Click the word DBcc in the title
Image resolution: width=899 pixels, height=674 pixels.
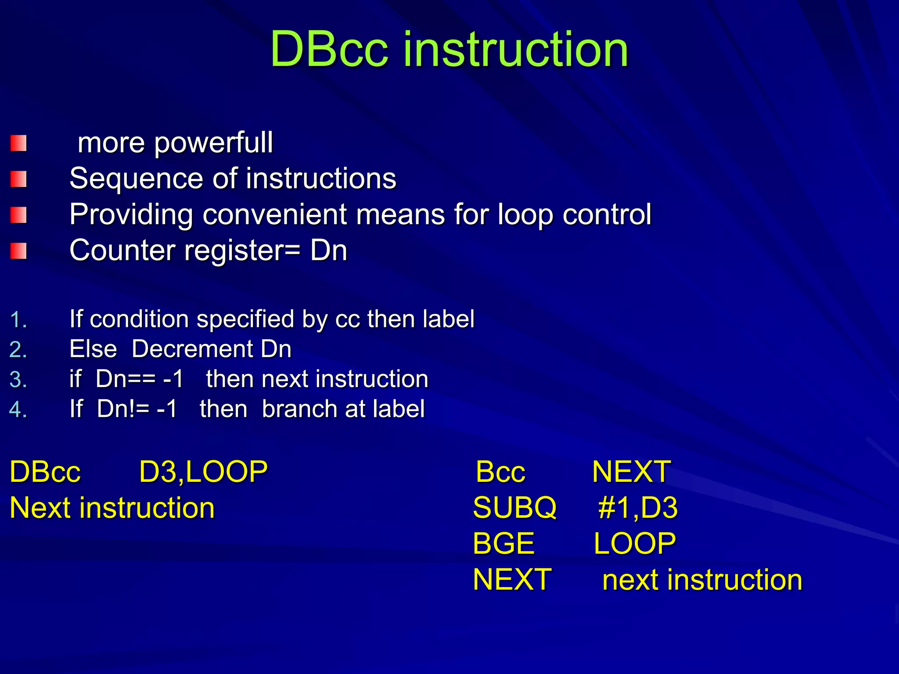[329, 49]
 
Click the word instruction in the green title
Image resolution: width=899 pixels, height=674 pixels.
[516, 49]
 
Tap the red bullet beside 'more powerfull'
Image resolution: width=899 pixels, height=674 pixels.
[18, 143]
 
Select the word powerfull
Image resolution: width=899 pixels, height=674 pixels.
[213, 143]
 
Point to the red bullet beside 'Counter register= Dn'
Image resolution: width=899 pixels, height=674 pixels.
[18, 251]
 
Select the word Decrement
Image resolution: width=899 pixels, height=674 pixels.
[192, 349]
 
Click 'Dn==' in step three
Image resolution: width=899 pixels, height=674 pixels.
[126, 379]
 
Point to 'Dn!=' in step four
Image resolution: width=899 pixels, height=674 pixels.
[123, 409]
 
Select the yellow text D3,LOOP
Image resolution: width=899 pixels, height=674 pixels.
[203, 472]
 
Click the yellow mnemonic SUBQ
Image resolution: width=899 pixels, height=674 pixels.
[514, 508]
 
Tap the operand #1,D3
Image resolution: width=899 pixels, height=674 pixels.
[637, 508]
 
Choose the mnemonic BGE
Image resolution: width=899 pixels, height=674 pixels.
[503, 544]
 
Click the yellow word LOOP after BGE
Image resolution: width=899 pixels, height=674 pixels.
[634, 544]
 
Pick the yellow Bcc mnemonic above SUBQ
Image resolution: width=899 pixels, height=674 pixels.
[500, 472]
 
